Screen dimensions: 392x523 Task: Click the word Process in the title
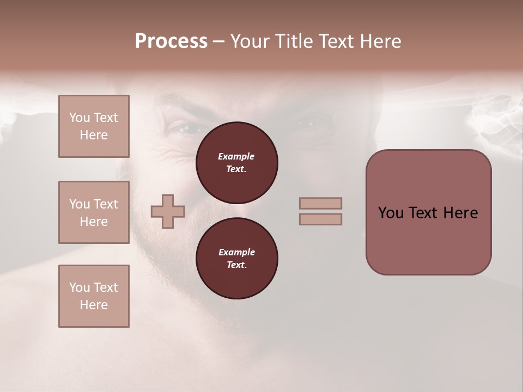171,41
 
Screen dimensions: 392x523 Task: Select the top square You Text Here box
94,126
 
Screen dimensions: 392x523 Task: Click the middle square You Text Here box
94,212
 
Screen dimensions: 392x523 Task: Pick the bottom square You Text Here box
94,296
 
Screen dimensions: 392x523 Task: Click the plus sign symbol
168,212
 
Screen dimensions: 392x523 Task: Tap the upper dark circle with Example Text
236,163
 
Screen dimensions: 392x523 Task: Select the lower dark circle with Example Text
236,259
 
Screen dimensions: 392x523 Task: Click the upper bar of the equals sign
320,203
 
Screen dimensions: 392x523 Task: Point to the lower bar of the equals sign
320,219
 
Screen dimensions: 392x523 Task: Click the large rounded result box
428,212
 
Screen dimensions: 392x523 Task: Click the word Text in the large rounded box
422,213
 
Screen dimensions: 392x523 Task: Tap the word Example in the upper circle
236,156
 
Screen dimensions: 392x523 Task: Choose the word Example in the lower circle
236,252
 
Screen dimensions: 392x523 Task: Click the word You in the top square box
80,118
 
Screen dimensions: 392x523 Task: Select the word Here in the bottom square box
94,305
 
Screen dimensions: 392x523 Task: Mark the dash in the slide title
219,42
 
